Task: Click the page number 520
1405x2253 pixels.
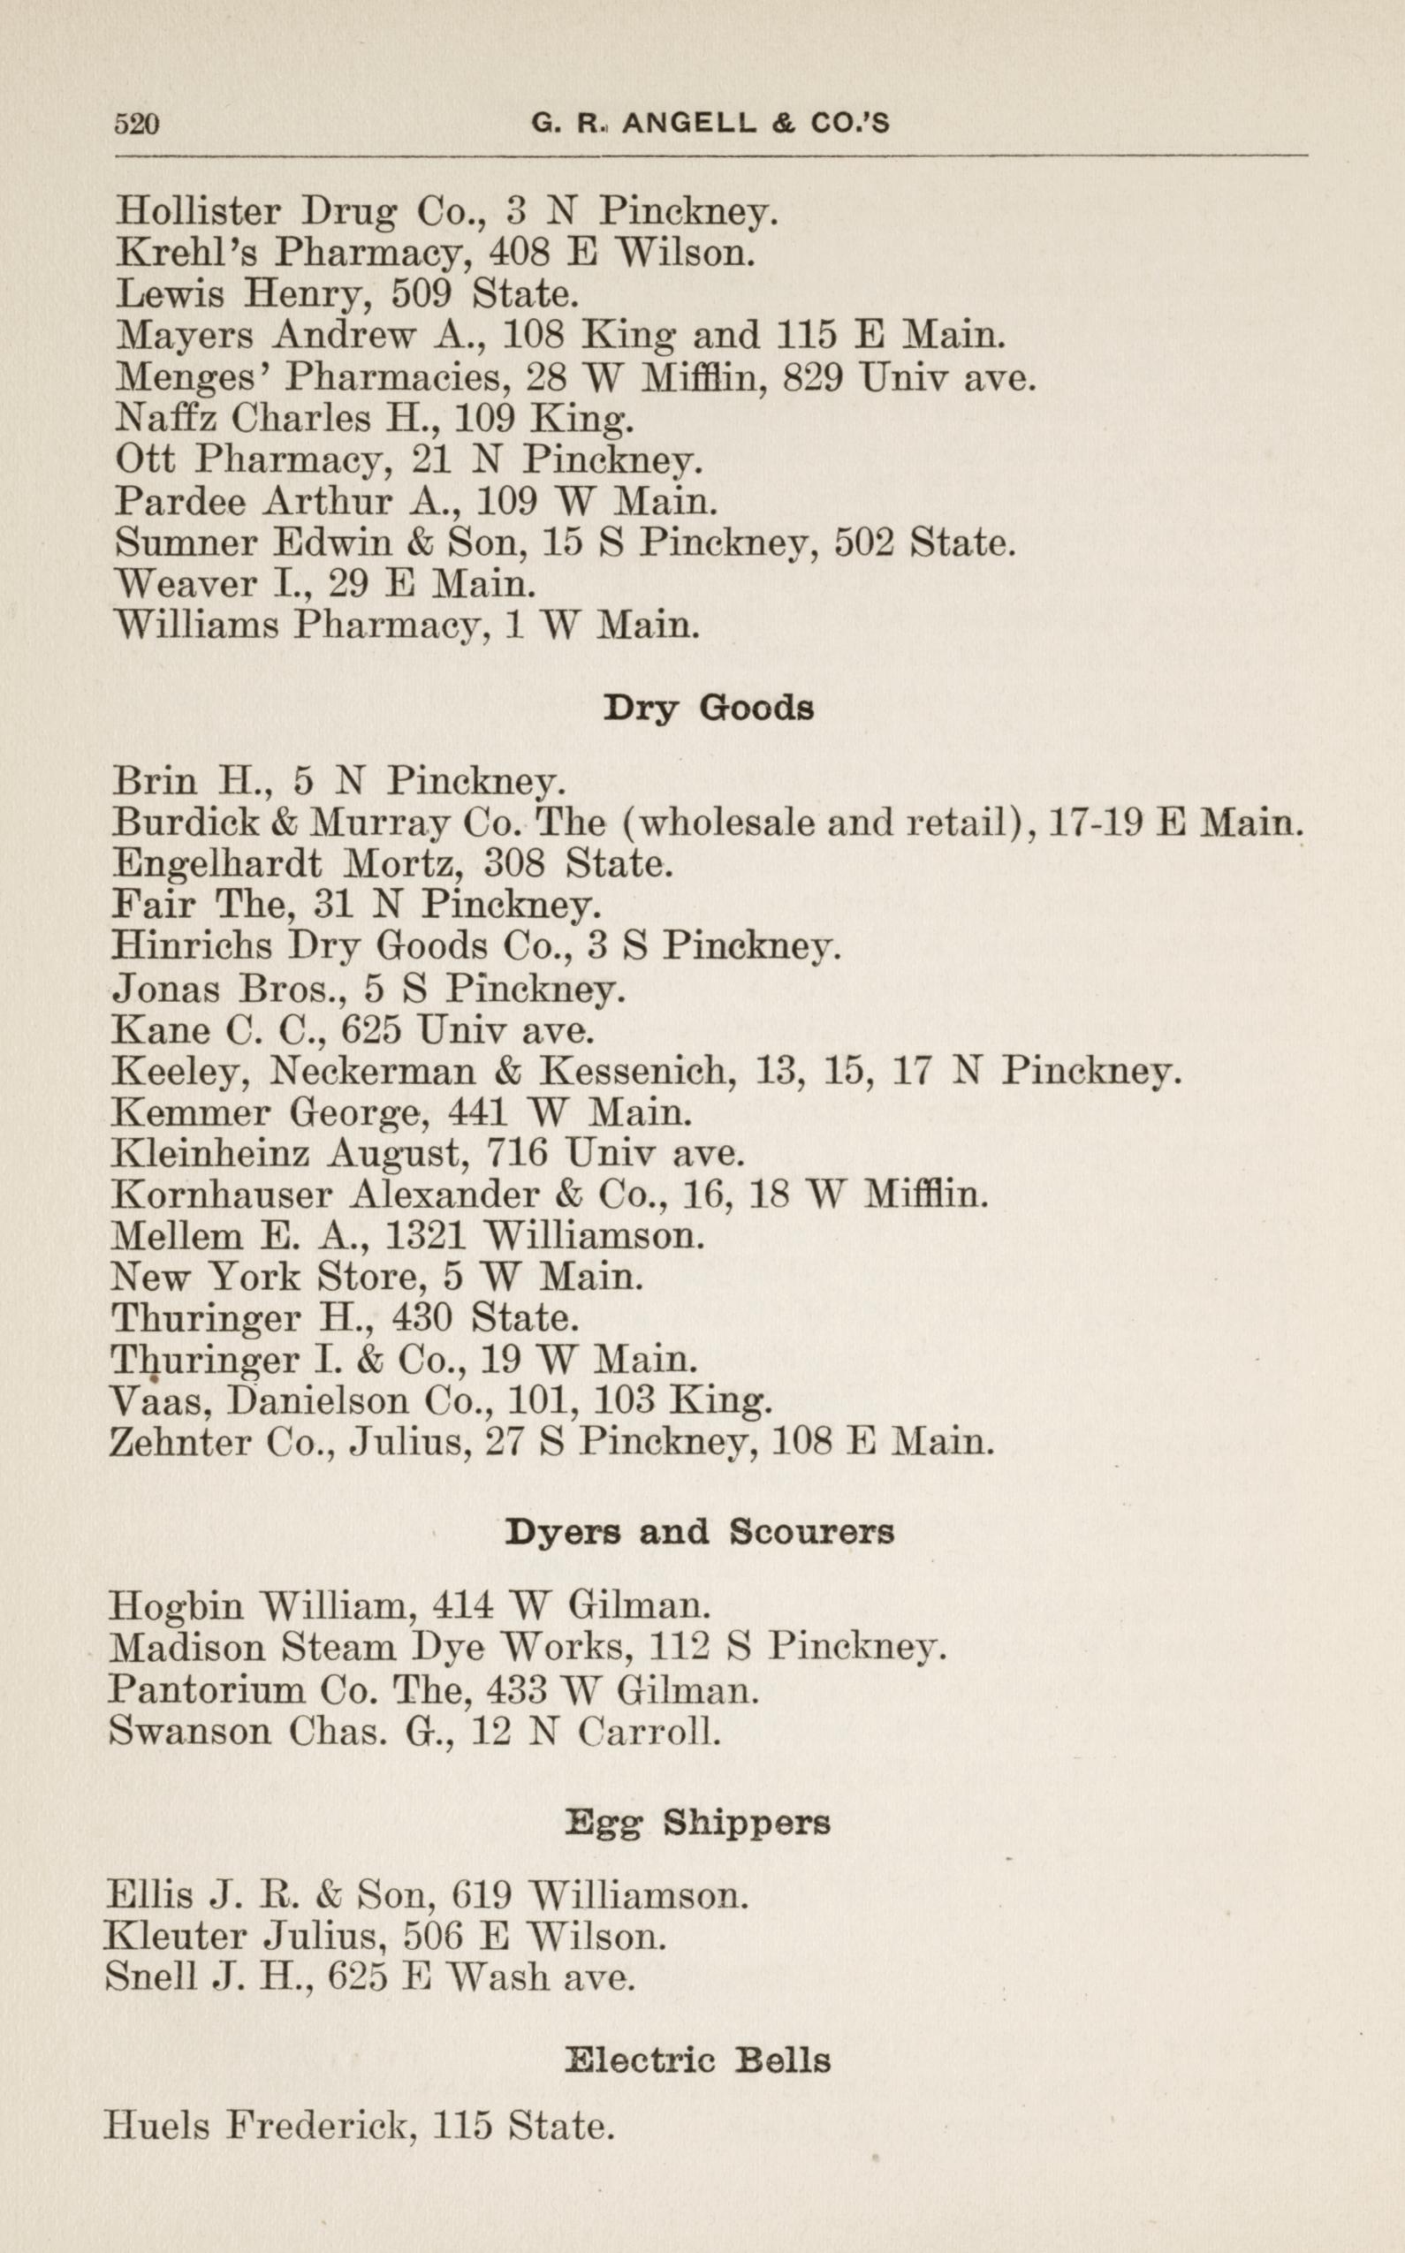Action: click(137, 125)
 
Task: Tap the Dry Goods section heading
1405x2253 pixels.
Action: click(708, 708)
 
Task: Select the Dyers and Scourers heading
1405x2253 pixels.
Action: click(699, 1530)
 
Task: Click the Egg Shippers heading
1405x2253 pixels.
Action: click(697, 1824)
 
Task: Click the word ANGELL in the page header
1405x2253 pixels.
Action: click(688, 124)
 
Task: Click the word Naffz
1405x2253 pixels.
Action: click(165, 419)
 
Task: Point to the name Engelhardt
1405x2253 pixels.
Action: click(216, 864)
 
